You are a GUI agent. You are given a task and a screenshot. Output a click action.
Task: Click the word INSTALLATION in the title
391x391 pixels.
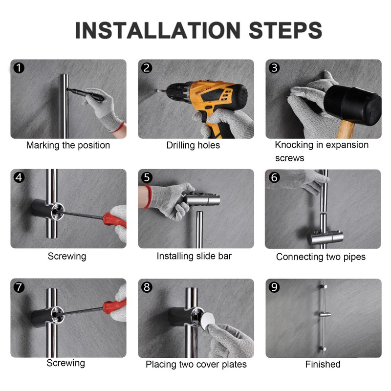(x=158, y=30)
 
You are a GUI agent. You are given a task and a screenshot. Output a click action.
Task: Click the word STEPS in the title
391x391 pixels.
(x=285, y=30)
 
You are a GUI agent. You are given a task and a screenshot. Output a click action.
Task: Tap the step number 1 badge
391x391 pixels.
(x=19, y=68)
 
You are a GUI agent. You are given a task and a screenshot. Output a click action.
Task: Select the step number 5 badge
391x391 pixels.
(x=147, y=177)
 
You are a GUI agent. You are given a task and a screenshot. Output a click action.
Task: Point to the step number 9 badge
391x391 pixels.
(x=274, y=287)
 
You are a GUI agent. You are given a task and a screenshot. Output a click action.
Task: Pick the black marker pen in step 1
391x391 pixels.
(x=86, y=94)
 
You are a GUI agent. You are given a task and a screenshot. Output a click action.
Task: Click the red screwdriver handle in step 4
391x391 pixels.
(x=114, y=219)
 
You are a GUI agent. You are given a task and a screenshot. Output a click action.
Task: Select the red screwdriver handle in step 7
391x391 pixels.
(x=114, y=306)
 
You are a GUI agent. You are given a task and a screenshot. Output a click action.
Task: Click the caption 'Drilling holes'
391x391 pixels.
(x=193, y=145)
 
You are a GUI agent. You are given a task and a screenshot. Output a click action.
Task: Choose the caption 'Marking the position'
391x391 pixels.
(x=68, y=145)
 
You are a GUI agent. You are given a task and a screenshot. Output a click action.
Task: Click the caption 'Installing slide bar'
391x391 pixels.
(x=194, y=256)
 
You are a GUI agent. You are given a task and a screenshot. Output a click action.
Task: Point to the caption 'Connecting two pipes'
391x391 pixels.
(x=321, y=257)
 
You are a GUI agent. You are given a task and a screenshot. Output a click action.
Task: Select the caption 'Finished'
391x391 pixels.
(x=323, y=364)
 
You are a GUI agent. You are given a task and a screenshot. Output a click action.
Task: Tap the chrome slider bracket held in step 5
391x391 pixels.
(x=202, y=199)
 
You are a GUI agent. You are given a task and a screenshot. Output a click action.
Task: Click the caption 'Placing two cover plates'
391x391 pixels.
(x=196, y=365)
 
